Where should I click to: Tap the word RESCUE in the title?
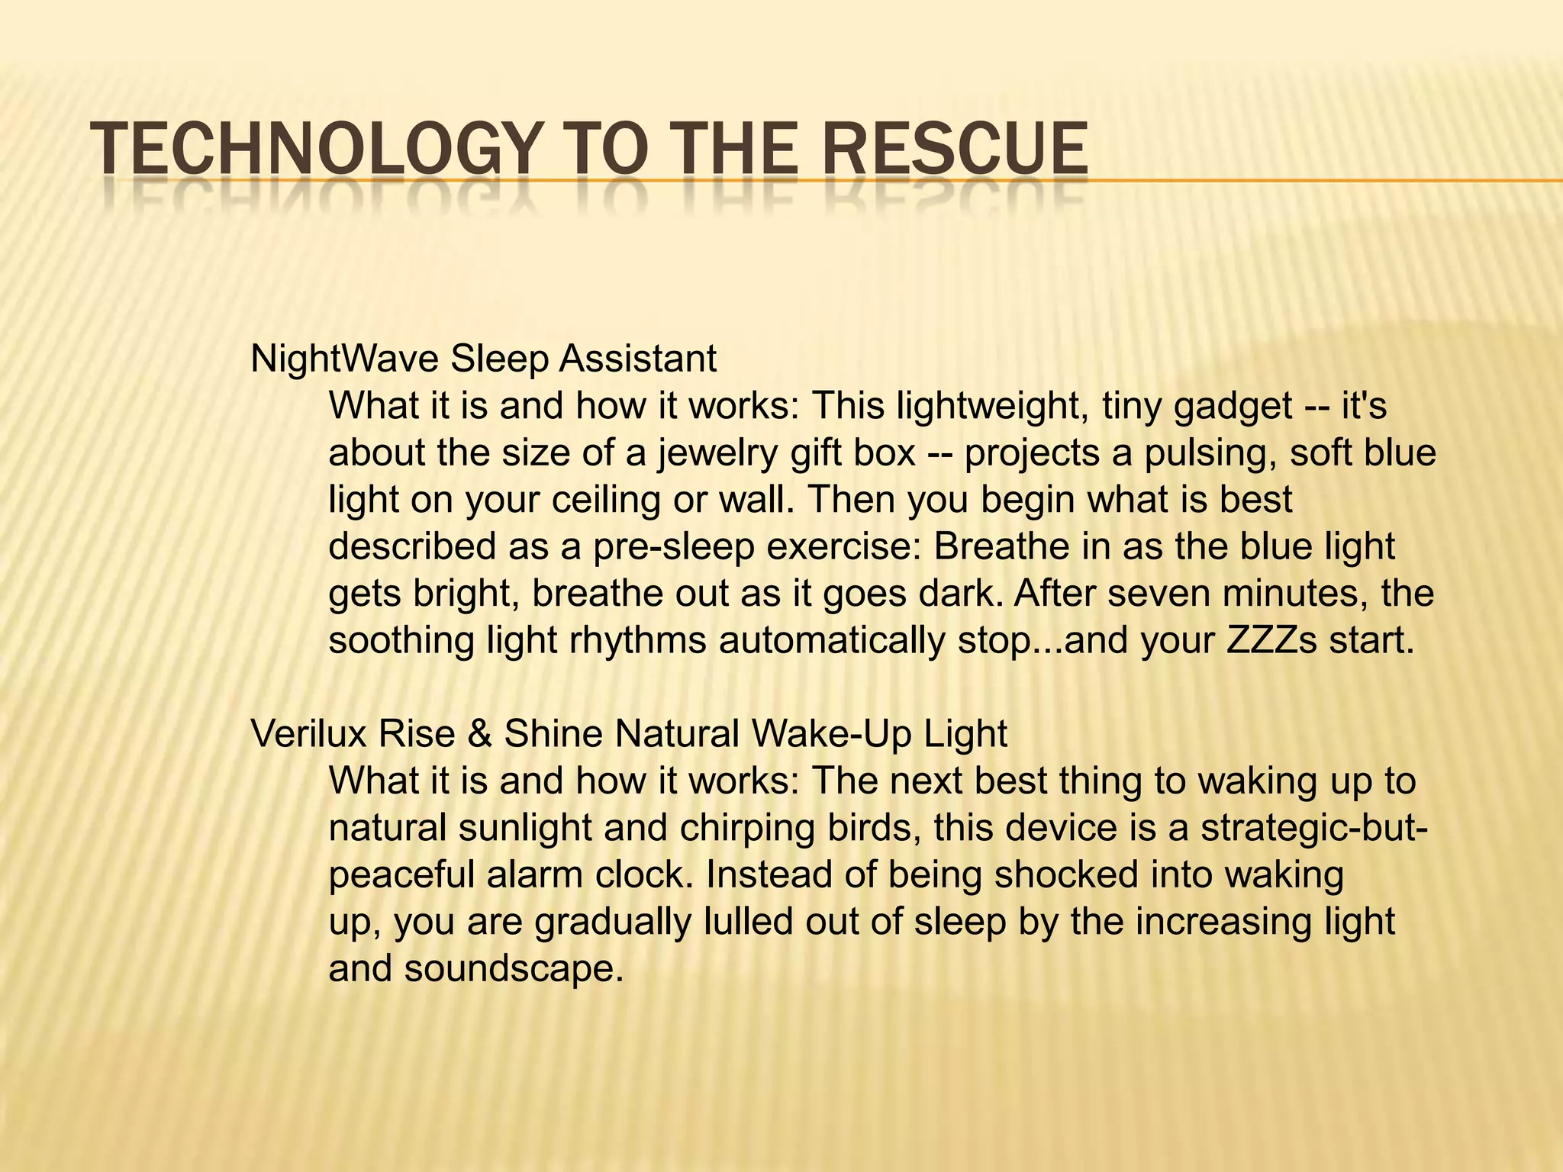coord(955,150)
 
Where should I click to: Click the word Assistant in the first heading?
coord(638,359)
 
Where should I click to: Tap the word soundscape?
coord(509,969)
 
